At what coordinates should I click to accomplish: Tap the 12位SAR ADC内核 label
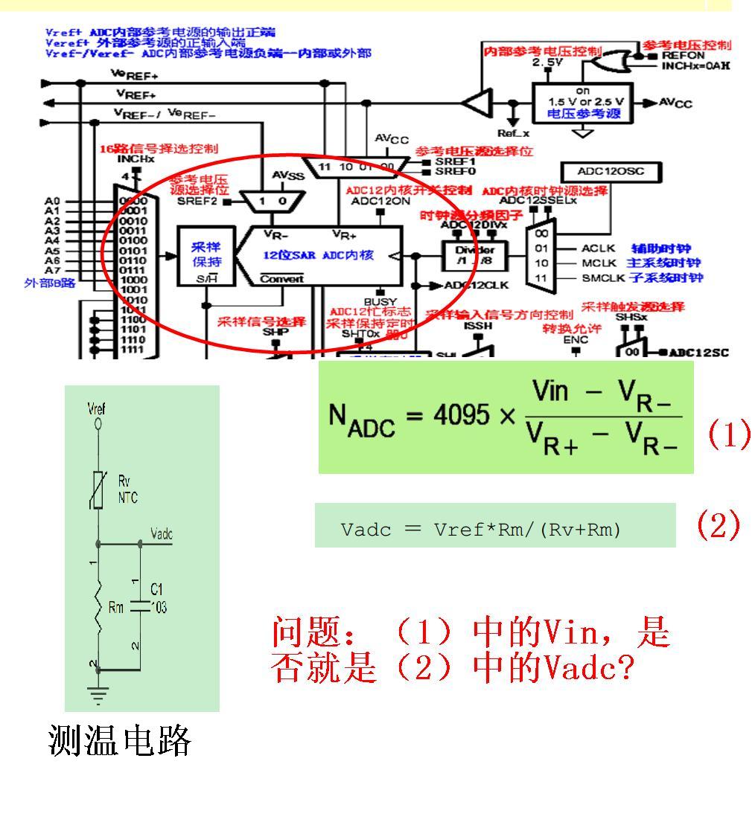[x=333, y=255]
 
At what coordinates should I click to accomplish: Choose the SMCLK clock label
[x=599, y=278]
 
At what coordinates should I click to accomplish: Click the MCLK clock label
[x=597, y=263]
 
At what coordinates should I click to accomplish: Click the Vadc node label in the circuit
[x=161, y=535]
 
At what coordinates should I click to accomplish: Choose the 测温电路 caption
[x=119, y=742]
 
